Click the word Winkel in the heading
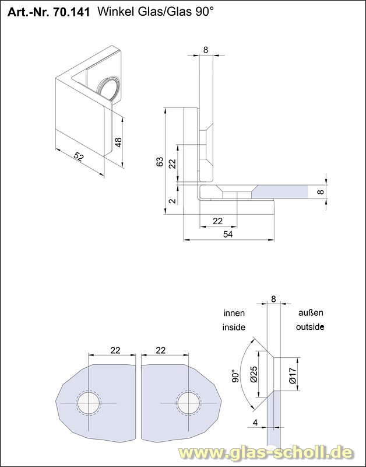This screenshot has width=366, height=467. pos(115,12)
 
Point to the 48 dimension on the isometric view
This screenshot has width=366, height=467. pos(118,142)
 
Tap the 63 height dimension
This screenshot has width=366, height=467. pos(160,162)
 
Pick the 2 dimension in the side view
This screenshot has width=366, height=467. pos(172,201)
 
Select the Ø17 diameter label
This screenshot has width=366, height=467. pos(293,374)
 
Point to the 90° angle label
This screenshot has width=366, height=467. pos(235,375)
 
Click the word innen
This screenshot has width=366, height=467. pos(234,313)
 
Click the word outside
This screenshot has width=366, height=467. pos(309,327)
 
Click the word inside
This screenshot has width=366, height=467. pos(234,327)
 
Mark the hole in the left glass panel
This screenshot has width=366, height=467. pos(89,403)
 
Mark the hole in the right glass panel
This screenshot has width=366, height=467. pos(188,403)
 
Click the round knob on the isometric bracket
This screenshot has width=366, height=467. pos(110,89)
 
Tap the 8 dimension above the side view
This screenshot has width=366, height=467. pos(206,50)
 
